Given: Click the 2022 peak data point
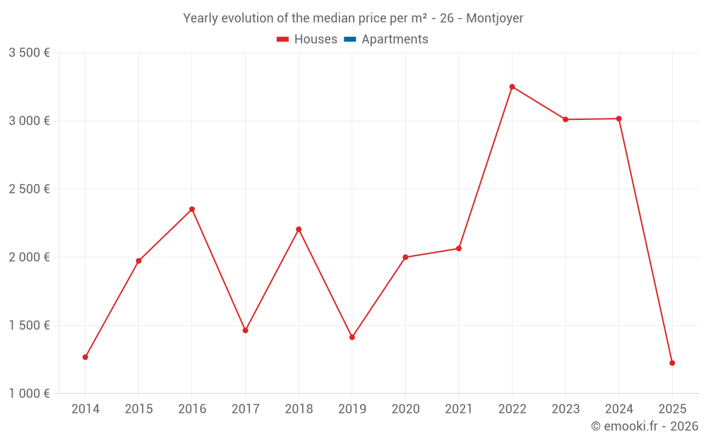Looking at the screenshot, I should [x=512, y=87].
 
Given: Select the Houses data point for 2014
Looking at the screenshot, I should [x=85, y=357].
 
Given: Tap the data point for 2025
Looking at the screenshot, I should [x=672, y=363].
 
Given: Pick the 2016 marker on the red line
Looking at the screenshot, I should [x=192, y=209].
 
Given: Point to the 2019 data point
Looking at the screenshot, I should [x=352, y=337].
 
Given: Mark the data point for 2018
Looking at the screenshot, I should [x=299, y=229].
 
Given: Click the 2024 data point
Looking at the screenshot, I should [x=619, y=119].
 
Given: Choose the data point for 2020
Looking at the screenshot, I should [x=405, y=257].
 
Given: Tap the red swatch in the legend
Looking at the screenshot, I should [x=282, y=40].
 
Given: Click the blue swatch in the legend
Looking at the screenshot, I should [x=349, y=40].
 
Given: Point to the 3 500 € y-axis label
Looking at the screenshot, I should [x=29, y=53].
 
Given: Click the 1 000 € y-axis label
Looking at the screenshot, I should [x=29, y=394].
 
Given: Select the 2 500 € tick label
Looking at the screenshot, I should [x=29, y=189].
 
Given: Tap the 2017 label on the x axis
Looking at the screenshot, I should [x=245, y=409].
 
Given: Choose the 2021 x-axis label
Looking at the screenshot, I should [x=459, y=409].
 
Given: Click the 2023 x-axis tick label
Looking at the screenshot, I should [x=566, y=409].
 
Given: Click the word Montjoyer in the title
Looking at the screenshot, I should [x=494, y=18].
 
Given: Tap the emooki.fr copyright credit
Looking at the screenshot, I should [x=644, y=426].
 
